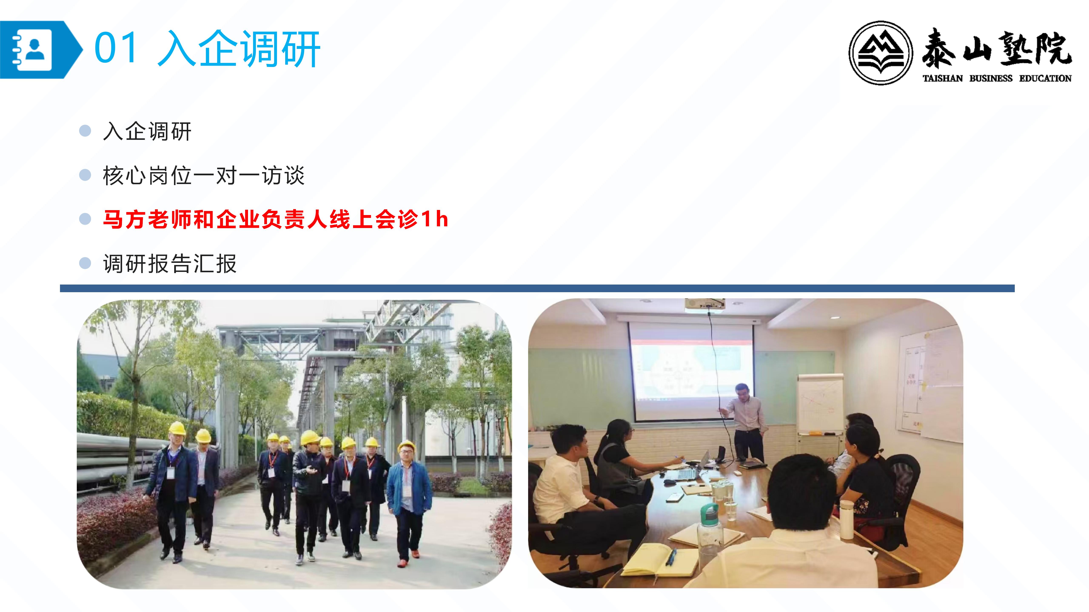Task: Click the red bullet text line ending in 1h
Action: pos(275,219)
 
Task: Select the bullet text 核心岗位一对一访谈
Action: pos(203,175)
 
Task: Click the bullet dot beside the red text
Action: pos(85,219)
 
